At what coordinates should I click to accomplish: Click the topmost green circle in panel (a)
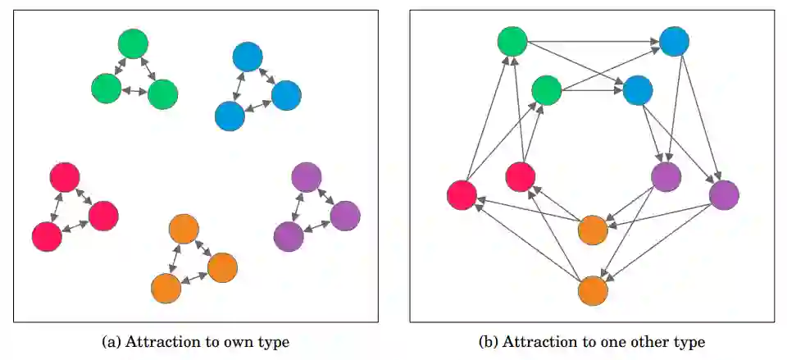(132, 43)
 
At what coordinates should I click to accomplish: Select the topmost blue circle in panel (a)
(248, 57)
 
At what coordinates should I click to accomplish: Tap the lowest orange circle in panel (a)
(166, 288)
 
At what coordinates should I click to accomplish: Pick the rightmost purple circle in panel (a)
(345, 216)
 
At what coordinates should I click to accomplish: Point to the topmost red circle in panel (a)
(65, 177)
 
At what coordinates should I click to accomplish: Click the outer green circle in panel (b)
(512, 41)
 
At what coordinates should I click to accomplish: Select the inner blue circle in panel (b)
(637, 90)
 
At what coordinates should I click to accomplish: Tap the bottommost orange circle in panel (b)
(592, 290)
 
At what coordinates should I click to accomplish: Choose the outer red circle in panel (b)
(462, 194)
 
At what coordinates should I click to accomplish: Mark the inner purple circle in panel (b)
(666, 176)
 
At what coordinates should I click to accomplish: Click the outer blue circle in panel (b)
(674, 41)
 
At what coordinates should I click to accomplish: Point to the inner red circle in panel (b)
(521, 176)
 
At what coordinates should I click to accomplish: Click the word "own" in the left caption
(236, 341)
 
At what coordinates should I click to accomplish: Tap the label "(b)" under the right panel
(491, 341)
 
